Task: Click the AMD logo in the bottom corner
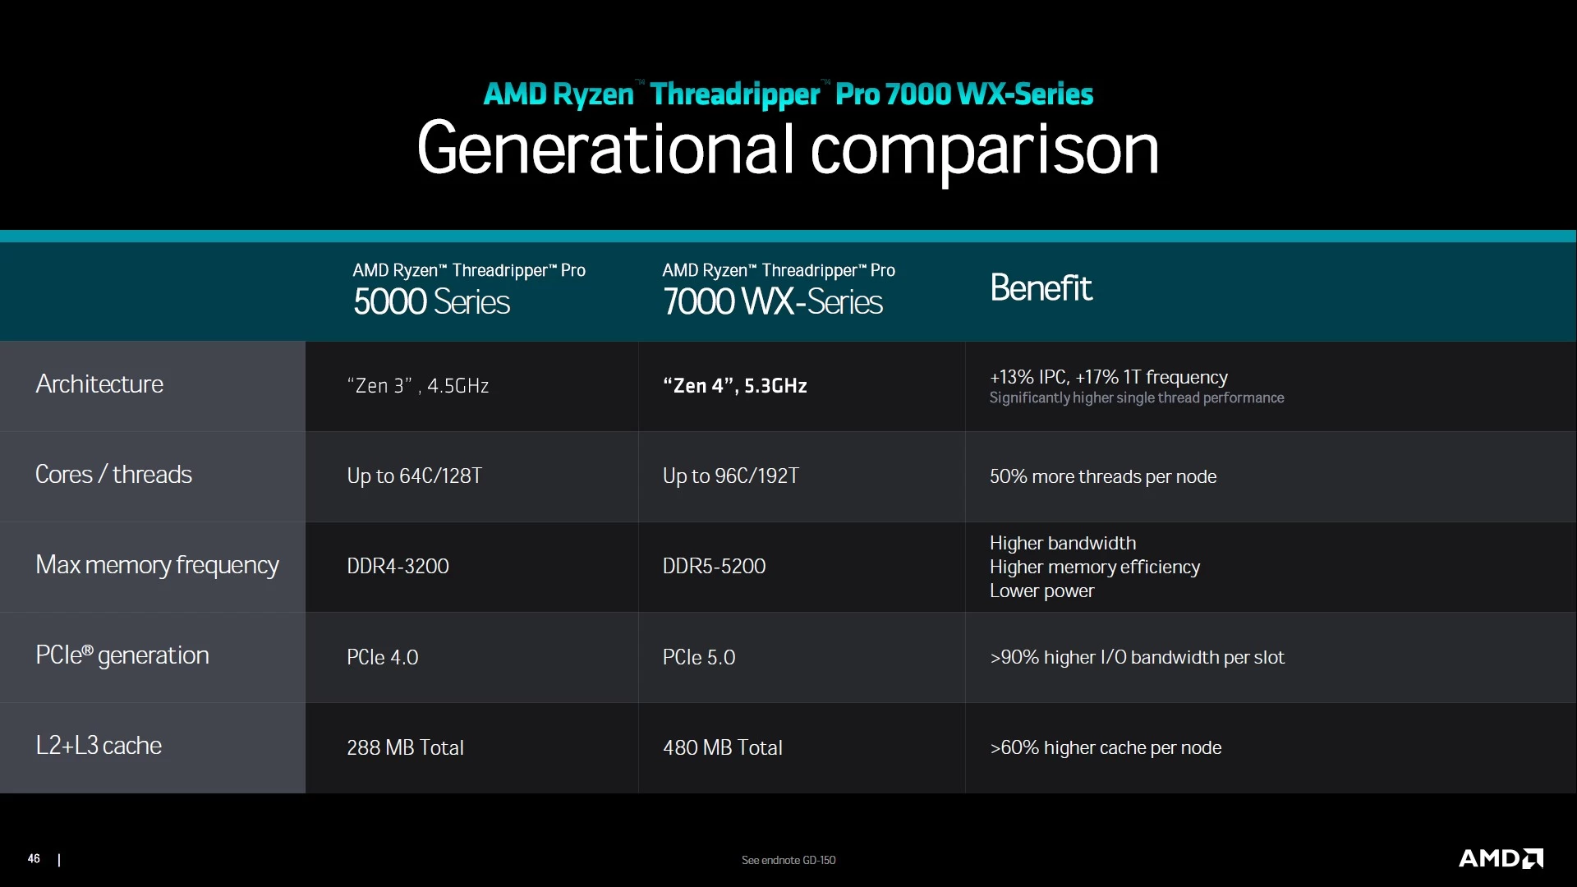1501,858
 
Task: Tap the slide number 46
34,858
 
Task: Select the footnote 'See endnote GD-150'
788,860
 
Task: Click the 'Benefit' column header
1041,287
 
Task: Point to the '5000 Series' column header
432,301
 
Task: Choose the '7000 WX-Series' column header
773,301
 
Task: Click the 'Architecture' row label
99,384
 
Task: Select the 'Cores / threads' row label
113,474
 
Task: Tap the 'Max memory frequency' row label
157,565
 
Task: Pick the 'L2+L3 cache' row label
99,745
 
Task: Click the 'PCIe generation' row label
122,655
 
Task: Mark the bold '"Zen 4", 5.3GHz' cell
735,386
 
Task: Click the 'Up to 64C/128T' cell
415,476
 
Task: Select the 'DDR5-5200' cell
715,566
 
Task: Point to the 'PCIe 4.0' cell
383,657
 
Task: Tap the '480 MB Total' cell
723,747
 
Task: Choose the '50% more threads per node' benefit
1103,476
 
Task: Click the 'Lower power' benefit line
1041,591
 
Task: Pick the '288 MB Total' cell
406,747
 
